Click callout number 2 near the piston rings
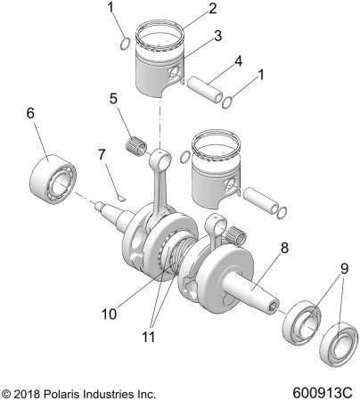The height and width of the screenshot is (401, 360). [212, 9]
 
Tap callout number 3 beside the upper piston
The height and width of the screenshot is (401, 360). [217, 36]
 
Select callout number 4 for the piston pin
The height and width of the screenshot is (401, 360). [238, 61]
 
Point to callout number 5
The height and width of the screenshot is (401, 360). [113, 98]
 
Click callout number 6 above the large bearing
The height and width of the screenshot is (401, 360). [30, 113]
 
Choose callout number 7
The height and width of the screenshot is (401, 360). [102, 154]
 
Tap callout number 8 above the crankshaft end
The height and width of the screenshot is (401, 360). [284, 248]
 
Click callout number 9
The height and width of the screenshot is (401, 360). [344, 269]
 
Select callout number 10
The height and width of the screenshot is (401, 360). [109, 314]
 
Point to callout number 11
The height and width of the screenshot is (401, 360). [148, 337]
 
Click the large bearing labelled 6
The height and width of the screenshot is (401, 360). [53, 179]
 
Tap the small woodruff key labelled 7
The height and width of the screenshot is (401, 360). [121, 198]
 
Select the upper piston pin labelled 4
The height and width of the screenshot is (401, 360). [205, 90]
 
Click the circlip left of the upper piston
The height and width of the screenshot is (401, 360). [125, 44]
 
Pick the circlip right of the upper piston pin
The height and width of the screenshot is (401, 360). [227, 102]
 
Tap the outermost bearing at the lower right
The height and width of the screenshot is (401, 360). [339, 344]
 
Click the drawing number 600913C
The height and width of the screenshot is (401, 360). [323, 393]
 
